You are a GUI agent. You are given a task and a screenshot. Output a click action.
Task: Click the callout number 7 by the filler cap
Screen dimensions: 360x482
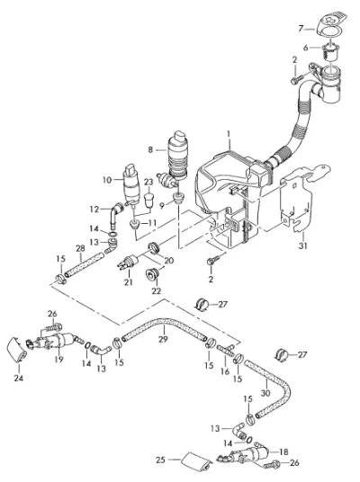301,29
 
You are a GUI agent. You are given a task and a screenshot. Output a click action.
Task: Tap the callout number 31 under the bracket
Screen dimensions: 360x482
303,245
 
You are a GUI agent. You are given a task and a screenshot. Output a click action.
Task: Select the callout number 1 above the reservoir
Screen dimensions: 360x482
229,134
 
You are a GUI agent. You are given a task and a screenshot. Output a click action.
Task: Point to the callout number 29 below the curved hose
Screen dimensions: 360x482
163,339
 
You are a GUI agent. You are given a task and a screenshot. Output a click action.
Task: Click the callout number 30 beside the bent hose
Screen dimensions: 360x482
265,393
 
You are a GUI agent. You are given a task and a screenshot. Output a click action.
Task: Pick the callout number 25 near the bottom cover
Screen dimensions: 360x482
160,460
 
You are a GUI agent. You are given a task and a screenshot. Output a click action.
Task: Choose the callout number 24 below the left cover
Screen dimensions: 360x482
19,378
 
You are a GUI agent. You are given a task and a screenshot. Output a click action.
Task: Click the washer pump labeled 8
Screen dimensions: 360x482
175,156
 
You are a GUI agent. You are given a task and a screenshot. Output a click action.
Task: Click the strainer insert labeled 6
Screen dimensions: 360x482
330,53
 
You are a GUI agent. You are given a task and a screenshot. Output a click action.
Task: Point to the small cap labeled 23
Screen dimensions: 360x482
148,200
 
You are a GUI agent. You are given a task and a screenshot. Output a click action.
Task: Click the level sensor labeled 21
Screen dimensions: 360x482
128,263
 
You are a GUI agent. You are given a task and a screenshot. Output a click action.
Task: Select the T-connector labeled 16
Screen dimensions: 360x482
226,349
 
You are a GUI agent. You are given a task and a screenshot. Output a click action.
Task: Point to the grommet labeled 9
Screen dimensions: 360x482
178,198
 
